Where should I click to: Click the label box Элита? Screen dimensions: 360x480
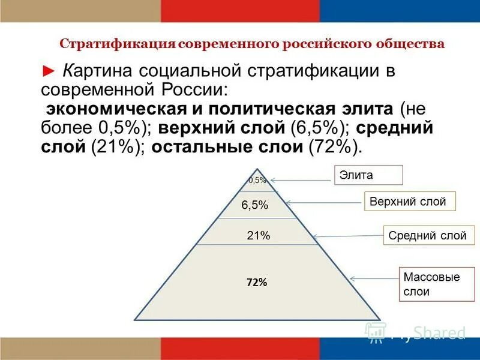point(368,175)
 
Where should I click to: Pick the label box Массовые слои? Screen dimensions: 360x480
point(431,285)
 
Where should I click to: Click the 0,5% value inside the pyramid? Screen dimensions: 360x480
point(257,180)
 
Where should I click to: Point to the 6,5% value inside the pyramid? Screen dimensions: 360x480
point(254,205)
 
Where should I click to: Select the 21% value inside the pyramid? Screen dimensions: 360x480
point(258,236)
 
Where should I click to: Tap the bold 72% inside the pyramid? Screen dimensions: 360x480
point(256,282)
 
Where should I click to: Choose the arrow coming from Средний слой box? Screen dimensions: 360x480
point(348,236)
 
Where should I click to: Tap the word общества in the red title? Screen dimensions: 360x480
point(415,44)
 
